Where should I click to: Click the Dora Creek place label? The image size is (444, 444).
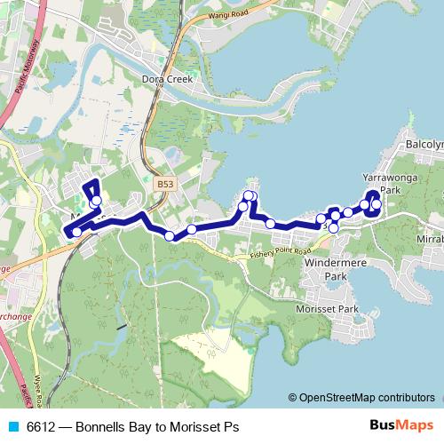(167, 79)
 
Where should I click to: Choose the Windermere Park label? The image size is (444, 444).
(329, 270)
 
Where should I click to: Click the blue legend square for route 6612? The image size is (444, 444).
(12, 426)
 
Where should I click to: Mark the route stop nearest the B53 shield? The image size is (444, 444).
(169, 235)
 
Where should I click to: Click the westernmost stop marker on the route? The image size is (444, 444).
(77, 233)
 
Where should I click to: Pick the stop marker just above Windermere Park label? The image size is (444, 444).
(333, 228)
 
